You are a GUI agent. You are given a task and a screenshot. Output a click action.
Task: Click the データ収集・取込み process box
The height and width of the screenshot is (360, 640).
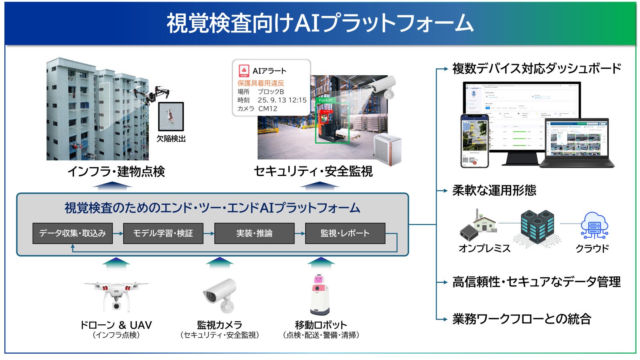[72, 233]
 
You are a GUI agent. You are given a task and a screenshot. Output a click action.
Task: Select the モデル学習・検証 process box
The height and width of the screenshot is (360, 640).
[163, 233]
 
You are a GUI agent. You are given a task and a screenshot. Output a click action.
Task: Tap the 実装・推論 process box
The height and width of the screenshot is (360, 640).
[254, 233]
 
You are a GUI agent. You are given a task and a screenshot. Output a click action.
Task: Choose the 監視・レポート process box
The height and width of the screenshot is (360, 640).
[345, 233]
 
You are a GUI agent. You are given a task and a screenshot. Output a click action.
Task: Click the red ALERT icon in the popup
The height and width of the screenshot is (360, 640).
[244, 71]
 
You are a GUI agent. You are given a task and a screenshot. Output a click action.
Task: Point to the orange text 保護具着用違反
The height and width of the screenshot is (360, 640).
[261, 83]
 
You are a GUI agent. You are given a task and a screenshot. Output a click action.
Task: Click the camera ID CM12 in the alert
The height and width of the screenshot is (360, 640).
[268, 108]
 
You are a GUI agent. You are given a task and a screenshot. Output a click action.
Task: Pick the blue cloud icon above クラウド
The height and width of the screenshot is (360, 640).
[594, 226]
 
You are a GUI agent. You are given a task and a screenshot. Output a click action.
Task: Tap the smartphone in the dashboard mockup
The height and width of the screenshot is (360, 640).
[474, 141]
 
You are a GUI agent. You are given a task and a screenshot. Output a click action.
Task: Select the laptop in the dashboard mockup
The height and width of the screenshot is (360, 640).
[576, 143]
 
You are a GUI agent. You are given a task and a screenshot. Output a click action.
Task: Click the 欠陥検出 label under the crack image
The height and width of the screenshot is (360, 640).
[171, 139]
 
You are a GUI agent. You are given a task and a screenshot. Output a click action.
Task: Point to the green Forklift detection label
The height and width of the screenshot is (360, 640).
[326, 100]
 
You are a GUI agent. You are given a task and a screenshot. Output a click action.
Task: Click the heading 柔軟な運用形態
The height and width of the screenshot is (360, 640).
[494, 190]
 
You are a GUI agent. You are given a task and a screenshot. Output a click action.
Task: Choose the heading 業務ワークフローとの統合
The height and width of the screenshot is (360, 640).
[522, 319]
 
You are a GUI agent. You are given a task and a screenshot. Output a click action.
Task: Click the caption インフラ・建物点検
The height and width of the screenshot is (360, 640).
[116, 172]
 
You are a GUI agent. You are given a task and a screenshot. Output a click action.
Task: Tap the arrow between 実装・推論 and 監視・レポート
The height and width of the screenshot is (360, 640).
[300, 233]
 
